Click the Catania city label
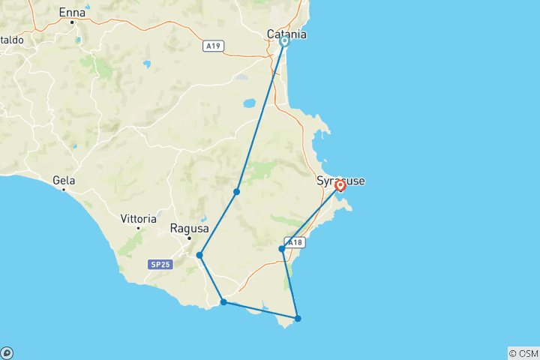(x=287, y=34)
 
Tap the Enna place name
(x=72, y=13)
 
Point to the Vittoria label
(x=138, y=219)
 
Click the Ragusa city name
(x=184, y=228)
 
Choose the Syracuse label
(x=341, y=181)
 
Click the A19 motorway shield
(x=214, y=46)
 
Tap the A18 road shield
(x=295, y=241)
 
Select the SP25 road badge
(x=158, y=265)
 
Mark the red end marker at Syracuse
(x=340, y=185)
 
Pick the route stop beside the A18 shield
(x=282, y=249)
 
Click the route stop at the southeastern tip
(x=298, y=319)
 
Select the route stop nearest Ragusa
(x=199, y=255)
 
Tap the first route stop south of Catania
(x=236, y=192)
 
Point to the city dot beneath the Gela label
(x=64, y=190)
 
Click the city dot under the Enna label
(x=72, y=22)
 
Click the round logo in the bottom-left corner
(x=7, y=353)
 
